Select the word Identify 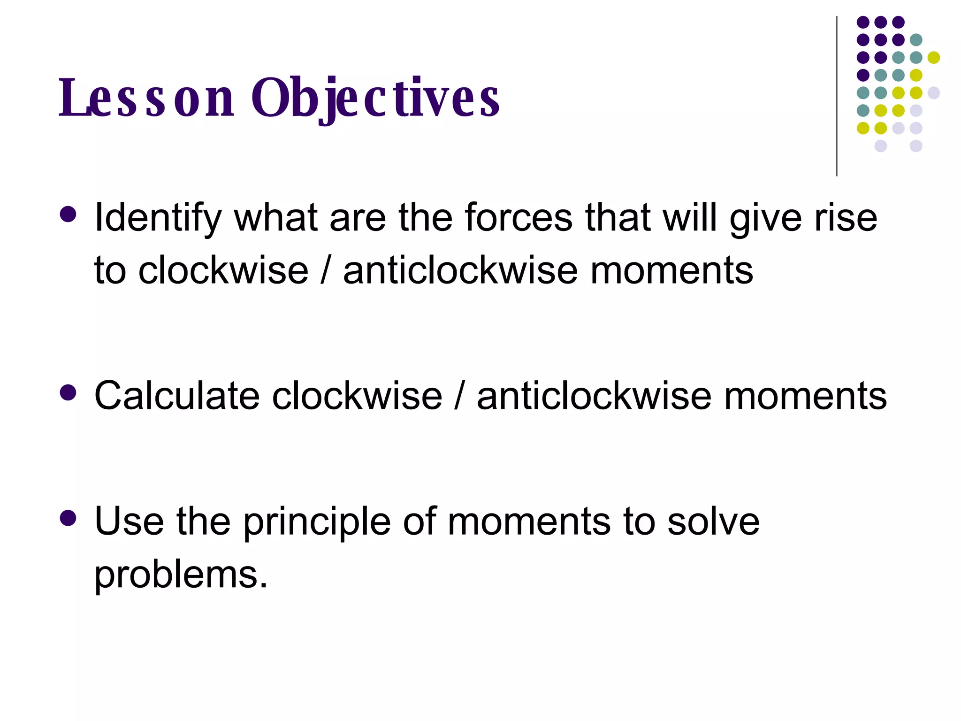(x=157, y=218)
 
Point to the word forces (x=519, y=218)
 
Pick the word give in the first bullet (x=766, y=218)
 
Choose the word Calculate (x=176, y=396)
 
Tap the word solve (x=713, y=522)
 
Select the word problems (x=181, y=575)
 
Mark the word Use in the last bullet (x=129, y=522)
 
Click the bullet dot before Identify (x=69, y=215)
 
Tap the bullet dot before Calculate (x=69, y=392)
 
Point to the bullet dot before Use (x=69, y=518)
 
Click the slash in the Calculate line (x=459, y=396)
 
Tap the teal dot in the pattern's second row (x=916, y=40)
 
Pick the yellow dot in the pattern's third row (x=934, y=58)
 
